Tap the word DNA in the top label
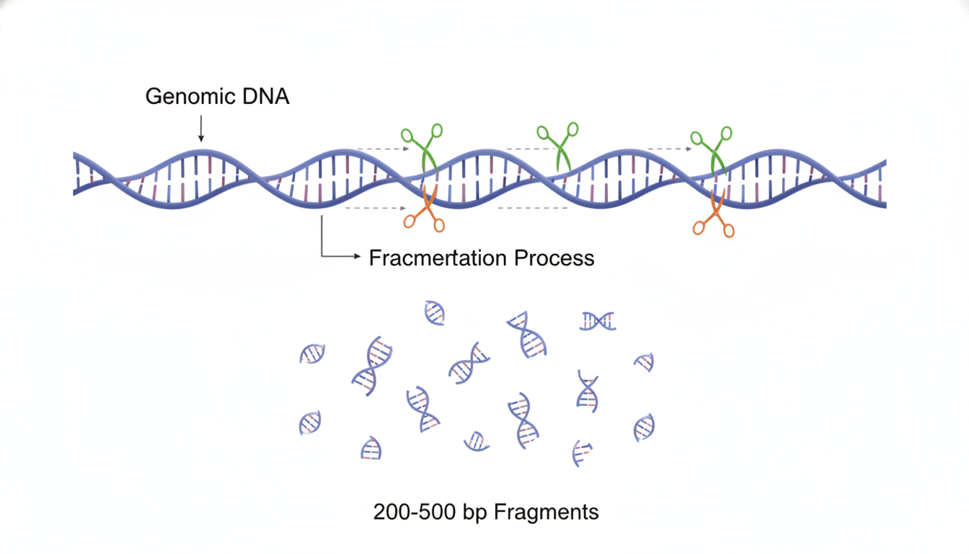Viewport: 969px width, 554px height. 265,96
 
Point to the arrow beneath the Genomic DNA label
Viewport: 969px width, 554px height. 200,128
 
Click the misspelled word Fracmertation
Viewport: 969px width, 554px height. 438,258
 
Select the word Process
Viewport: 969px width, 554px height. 554,258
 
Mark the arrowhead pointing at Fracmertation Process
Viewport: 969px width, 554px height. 358,256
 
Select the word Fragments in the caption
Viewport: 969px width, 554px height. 547,512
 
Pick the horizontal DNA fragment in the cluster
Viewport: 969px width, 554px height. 598,321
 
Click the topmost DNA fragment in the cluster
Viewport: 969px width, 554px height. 434,312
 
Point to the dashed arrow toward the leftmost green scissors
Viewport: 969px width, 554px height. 383,149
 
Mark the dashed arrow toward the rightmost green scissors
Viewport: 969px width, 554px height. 670,149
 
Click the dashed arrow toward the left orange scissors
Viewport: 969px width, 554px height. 376,208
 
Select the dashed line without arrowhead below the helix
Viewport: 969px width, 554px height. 533,208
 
